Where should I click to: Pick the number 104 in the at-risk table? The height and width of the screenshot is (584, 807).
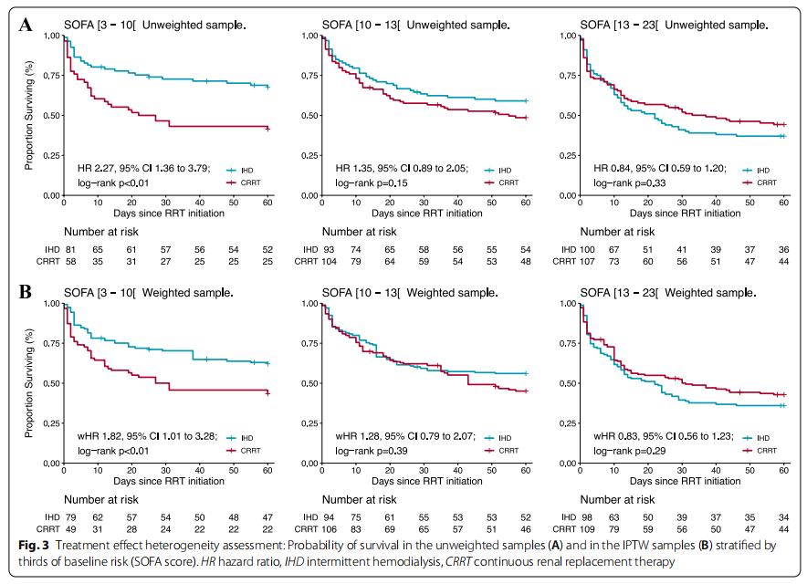click(x=330, y=262)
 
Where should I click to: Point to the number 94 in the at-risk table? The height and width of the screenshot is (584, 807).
click(x=330, y=516)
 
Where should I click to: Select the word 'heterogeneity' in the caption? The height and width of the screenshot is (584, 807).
click(x=170, y=545)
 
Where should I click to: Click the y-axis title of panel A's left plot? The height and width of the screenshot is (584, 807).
click(x=29, y=116)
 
